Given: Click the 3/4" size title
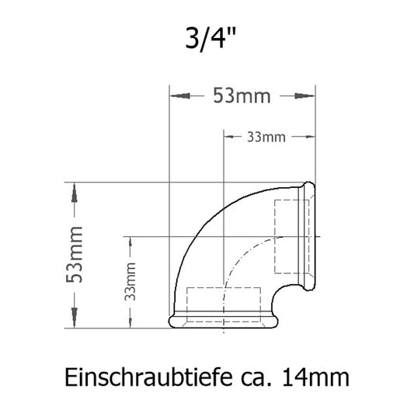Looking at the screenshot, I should [207, 38].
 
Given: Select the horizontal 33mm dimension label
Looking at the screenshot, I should [266, 137].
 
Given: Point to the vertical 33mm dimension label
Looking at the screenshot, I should [131, 281].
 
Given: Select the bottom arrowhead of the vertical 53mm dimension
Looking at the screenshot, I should [75, 318].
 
